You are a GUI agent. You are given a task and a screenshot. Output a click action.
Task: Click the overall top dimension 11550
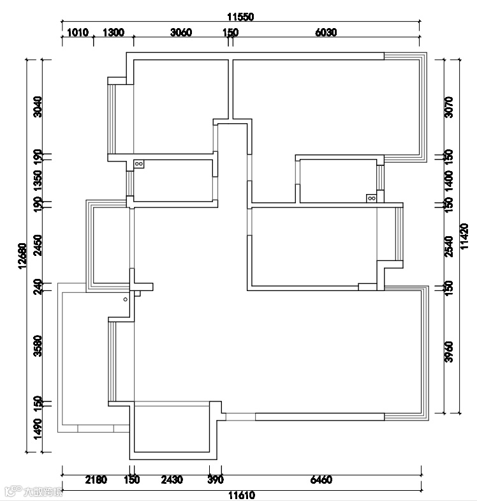(x=240, y=18)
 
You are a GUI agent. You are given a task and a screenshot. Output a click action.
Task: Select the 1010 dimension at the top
(x=77, y=33)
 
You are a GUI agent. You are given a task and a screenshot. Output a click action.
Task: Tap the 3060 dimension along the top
(x=181, y=33)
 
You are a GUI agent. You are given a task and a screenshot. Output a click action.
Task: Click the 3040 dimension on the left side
(x=38, y=107)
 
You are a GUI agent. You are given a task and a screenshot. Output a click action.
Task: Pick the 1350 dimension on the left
(x=38, y=180)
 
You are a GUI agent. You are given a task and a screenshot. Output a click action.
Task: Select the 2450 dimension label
(x=38, y=244)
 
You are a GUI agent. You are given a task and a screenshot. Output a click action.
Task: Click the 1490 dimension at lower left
(x=38, y=428)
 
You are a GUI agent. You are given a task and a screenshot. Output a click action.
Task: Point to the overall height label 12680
(x=22, y=257)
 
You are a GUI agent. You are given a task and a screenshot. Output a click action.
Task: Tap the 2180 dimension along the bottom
(x=96, y=479)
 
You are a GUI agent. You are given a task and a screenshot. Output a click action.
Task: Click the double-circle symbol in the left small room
(x=139, y=164)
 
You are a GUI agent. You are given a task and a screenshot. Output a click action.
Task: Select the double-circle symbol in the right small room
(x=371, y=198)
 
